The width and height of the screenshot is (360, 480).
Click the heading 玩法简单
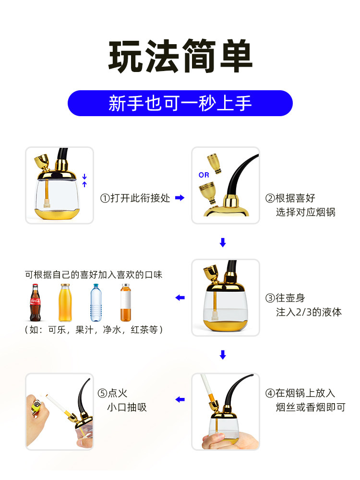(x=180, y=57)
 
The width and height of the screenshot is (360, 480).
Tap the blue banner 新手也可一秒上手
(x=180, y=103)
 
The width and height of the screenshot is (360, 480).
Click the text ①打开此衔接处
(x=135, y=198)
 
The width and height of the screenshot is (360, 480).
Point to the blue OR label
(x=204, y=175)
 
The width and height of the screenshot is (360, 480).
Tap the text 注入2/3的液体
(x=309, y=312)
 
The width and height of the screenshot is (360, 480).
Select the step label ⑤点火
(x=112, y=394)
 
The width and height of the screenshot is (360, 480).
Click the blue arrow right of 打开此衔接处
(x=180, y=198)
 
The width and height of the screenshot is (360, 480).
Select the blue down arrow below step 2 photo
(x=222, y=243)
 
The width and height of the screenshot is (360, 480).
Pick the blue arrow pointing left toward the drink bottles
(x=180, y=298)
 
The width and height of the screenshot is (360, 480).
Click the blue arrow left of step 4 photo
(x=180, y=399)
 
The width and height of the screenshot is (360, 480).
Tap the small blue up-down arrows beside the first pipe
(x=84, y=180)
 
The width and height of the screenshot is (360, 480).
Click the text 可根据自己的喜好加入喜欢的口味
(x=94, y=275)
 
